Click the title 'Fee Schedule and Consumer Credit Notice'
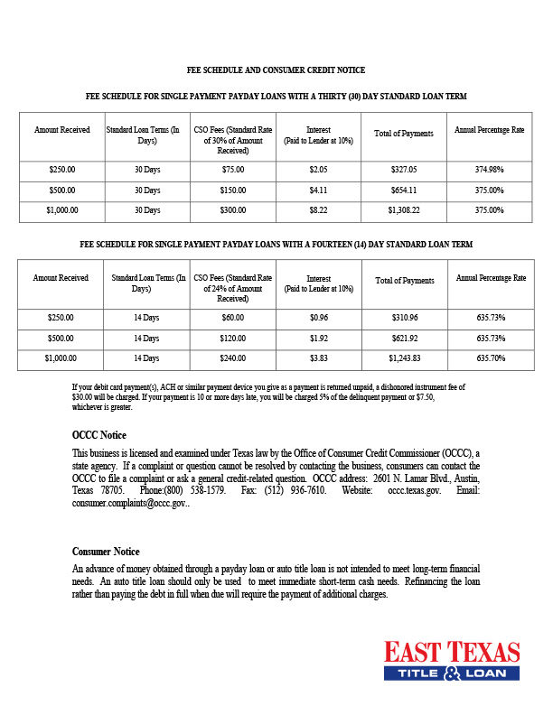click(x=276, y=70)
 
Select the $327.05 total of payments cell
click(x=403, y=169)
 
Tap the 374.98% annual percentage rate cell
click(x=489, y=169)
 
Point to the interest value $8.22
click(x=318, y=209)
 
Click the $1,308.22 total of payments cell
click(x=403, y=209)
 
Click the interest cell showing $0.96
click(x=318, y=318)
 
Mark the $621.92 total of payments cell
click(x=403, y=338)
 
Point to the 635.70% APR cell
click(x=489, y=358)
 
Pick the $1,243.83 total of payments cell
click(x=403, y=358)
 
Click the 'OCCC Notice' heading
click(x=99, y=435)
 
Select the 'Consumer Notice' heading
click(x=106, y=551)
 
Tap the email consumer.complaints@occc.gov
click(x=129, y=503)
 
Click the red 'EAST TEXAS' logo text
click(x=452, y=653)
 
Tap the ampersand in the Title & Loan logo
click(x=451, y=673)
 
